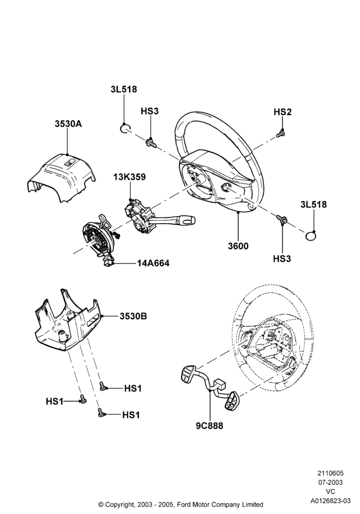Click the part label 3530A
[68, 124]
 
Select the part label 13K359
[130, 177]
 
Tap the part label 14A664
[153, 263]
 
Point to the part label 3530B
[133, 316]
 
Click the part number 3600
[238, 246]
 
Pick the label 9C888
[209, 426]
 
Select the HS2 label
[282, 112]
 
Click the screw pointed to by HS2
[280, 134]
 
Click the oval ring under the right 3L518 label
[311, 235]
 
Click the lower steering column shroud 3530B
[68, 321]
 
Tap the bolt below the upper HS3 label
[151, 143]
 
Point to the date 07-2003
[330, 482]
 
